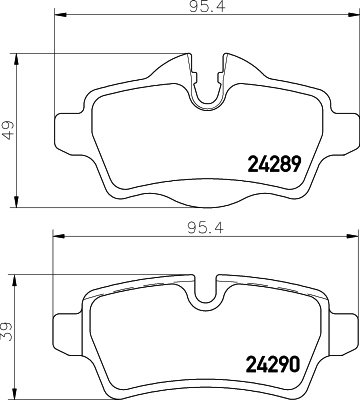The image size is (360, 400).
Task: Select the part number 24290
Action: point(272,365)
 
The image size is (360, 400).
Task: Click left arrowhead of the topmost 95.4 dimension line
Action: point(58,17)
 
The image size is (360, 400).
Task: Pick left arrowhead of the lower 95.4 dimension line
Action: point(58,236)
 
